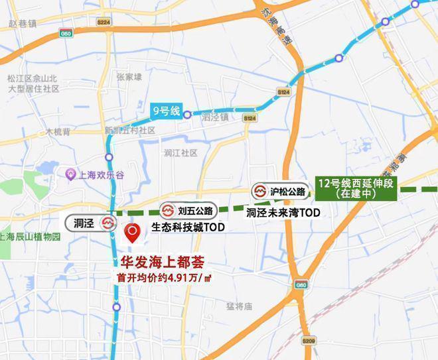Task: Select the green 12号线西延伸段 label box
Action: click(356, 188)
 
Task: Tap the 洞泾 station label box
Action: click(91, 223)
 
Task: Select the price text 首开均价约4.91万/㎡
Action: click(164, 277)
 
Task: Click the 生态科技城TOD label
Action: click(188, 227)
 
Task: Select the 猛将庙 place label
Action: click(239, 306)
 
